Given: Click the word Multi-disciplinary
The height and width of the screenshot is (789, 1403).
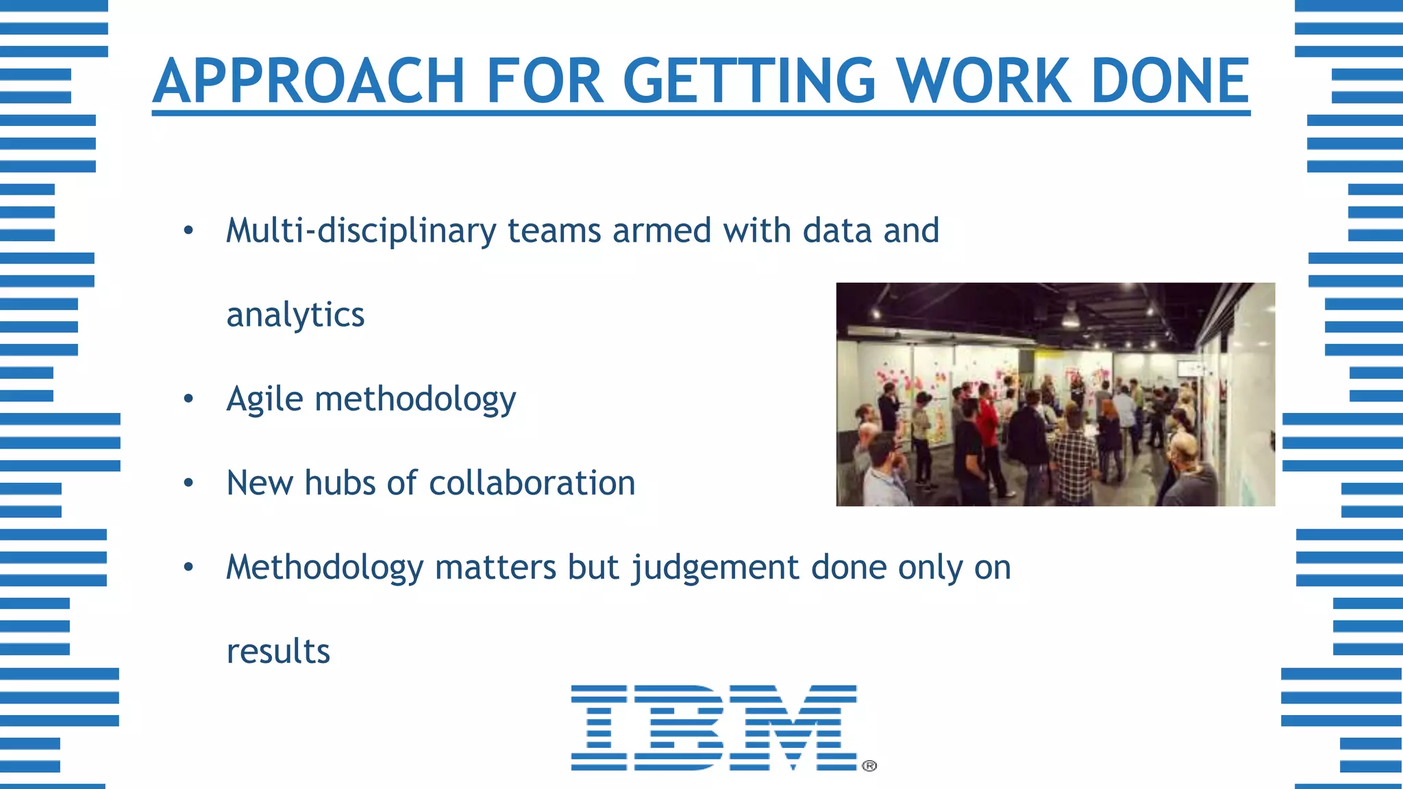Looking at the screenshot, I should [x=361, y=231].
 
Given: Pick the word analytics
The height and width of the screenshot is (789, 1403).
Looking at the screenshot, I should [x=295, y=315].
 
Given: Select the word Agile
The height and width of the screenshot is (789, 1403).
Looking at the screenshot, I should [x=264, y=399].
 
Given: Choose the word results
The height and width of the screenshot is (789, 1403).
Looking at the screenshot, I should [x=278, y=651].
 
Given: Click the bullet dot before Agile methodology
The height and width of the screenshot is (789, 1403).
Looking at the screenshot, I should [x=188, y=399].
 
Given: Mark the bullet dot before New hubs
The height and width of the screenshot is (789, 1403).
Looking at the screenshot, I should [x=188, y=483].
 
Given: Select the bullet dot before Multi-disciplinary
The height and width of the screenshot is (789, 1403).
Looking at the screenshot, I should [x=188, y=231].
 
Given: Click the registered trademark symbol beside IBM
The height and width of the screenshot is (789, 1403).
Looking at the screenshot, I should [x=869, y=766].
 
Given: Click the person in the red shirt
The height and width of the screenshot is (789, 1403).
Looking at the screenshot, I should [x=987, y=431].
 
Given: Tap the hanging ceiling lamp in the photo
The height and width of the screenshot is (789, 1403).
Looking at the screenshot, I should [x=1070, y=316].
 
